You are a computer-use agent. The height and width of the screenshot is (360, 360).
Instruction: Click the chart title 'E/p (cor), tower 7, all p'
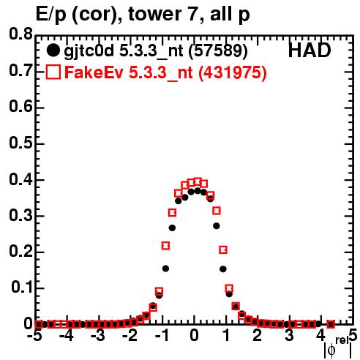click(x=143, y=15)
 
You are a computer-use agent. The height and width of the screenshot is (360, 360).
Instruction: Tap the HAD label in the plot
click(x=310, y=50)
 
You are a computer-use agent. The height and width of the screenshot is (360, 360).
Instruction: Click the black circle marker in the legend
click(x=53, y=50)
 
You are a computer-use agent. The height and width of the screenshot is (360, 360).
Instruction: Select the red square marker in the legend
click(x=53, y=72)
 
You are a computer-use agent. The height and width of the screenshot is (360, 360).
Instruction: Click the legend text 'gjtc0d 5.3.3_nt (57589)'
click(x=156, y=51)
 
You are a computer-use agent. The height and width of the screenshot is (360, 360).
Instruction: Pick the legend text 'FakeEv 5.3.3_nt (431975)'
click(x=166, y=72)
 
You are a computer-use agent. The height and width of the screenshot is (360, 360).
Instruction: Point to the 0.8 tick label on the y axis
click(x=20, y=34)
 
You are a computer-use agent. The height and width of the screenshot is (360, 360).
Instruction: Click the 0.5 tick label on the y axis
click(x=20, y=143)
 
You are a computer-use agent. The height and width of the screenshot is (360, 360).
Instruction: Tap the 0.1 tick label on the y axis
click(x=22, y=288)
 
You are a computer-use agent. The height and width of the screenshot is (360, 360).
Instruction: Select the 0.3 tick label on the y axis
click(x=20, y=215)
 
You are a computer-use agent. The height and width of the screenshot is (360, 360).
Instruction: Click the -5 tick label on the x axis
click(x=35, y=336)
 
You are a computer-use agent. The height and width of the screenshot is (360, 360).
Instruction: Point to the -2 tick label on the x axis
click(x=130, y=336)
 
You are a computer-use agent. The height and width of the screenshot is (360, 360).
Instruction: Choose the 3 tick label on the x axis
click(x=289, y=336)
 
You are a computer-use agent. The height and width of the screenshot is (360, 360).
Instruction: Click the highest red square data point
click(x=198, y=181)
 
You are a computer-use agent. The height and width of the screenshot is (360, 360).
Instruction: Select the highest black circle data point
click(x=198, y=190)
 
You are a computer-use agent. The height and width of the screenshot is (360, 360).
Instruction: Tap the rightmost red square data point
click(x=331, y=324)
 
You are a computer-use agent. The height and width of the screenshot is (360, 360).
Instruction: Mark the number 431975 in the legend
click(x=233, y=72)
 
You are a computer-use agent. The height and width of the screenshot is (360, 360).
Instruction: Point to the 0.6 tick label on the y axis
click(x=20, y=107)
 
